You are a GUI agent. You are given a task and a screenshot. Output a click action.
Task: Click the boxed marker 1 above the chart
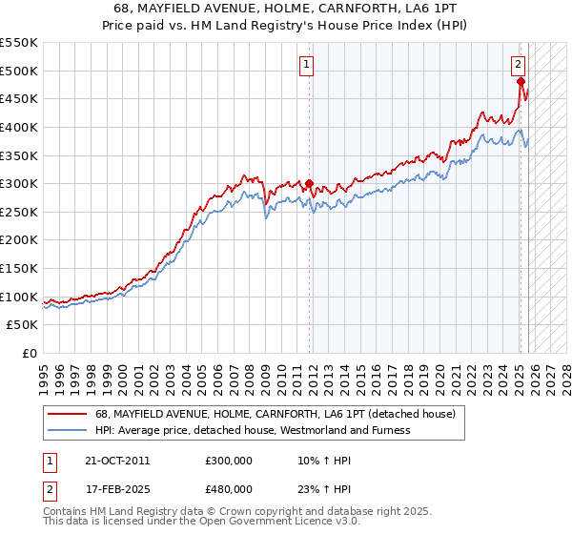click(x=306, y=65)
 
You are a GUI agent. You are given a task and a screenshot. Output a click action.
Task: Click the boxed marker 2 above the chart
click(x=518, y=65)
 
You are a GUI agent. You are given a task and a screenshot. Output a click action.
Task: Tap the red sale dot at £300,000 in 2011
click(x=309, y=184)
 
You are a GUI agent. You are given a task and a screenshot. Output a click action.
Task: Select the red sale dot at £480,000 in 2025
click(x=521, y=82)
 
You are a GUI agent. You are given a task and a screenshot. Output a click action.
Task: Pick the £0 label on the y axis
click(x=30, y=354)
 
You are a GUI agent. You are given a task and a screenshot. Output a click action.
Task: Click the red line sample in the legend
click(x=67, y=415)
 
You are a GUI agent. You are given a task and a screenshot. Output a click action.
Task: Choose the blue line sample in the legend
click(x=67, y=430)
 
